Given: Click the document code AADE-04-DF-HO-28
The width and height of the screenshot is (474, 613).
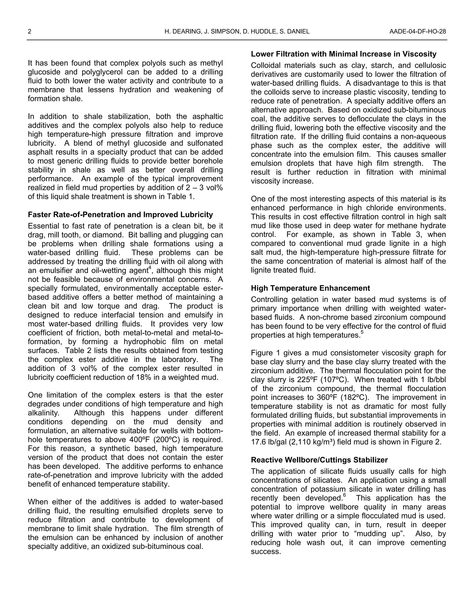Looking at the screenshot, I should point(418,31).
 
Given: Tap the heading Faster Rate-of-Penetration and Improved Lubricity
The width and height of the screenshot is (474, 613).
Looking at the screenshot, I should point(120,215).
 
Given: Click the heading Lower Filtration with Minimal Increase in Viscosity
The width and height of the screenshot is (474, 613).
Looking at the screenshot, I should point(343,54).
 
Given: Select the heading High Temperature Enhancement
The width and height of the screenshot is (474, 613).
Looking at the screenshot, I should point(310,288).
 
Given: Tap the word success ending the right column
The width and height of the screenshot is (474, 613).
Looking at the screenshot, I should point(265,551).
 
